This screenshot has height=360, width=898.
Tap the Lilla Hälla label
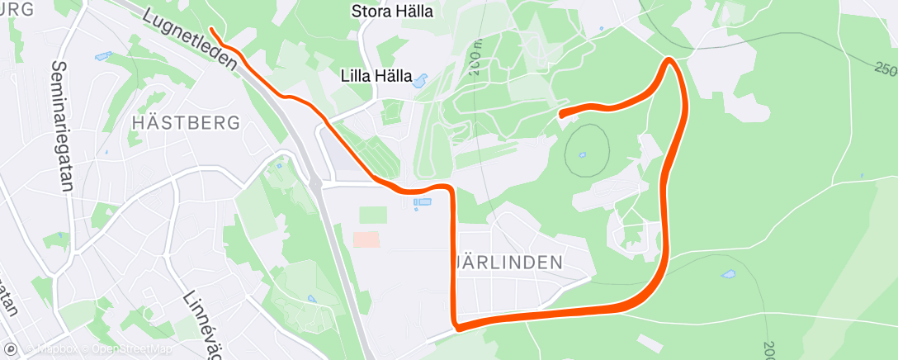pyautogui.click(x=377, y=75)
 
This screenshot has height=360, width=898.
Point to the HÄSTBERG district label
pyautogui.click(x=186, y=123)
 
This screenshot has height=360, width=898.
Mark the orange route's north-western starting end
pyautogui.click(x=212, y=30)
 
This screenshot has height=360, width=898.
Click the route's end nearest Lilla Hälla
pyautogui.click(x=561, y=115)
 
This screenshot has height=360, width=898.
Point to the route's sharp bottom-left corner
pyautogui.click(x=456, y=327)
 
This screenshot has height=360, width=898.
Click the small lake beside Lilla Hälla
pyautogui.click(x=419, y=81)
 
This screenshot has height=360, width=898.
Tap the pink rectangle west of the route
pyautogui.click(x=366, y=239)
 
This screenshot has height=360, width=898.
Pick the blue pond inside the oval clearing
pyautogui.click(x=583, y=154)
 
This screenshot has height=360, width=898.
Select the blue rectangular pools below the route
pyautogui.click(x=422, y=201)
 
